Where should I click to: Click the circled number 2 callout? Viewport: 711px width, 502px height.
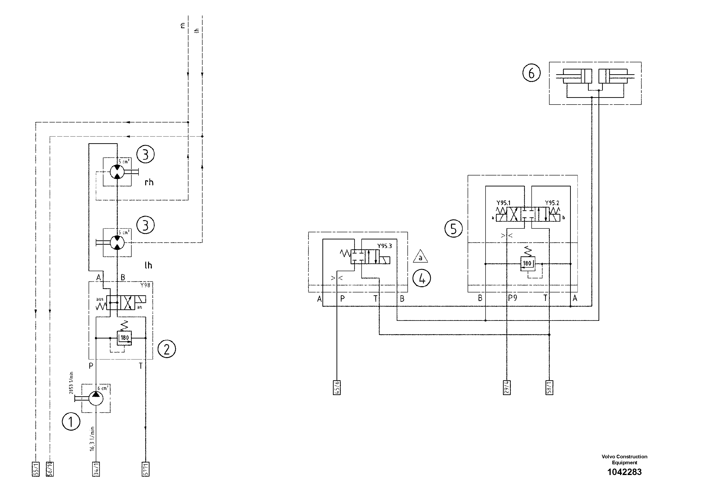(167, 349)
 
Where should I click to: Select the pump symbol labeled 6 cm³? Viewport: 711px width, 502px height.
(96, 398)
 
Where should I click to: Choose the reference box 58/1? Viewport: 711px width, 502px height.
(549, 387)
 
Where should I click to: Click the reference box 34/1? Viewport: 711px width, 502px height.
(96, 469)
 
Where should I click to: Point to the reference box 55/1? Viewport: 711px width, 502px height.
(36, 469)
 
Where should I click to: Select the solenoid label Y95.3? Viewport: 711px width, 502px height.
(384, 246)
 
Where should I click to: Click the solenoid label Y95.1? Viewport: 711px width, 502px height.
(503, 203)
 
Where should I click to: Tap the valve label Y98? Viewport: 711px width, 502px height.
(145, 285)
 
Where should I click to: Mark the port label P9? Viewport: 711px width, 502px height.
(513, 298)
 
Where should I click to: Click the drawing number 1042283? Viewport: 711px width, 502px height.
(624, 472)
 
